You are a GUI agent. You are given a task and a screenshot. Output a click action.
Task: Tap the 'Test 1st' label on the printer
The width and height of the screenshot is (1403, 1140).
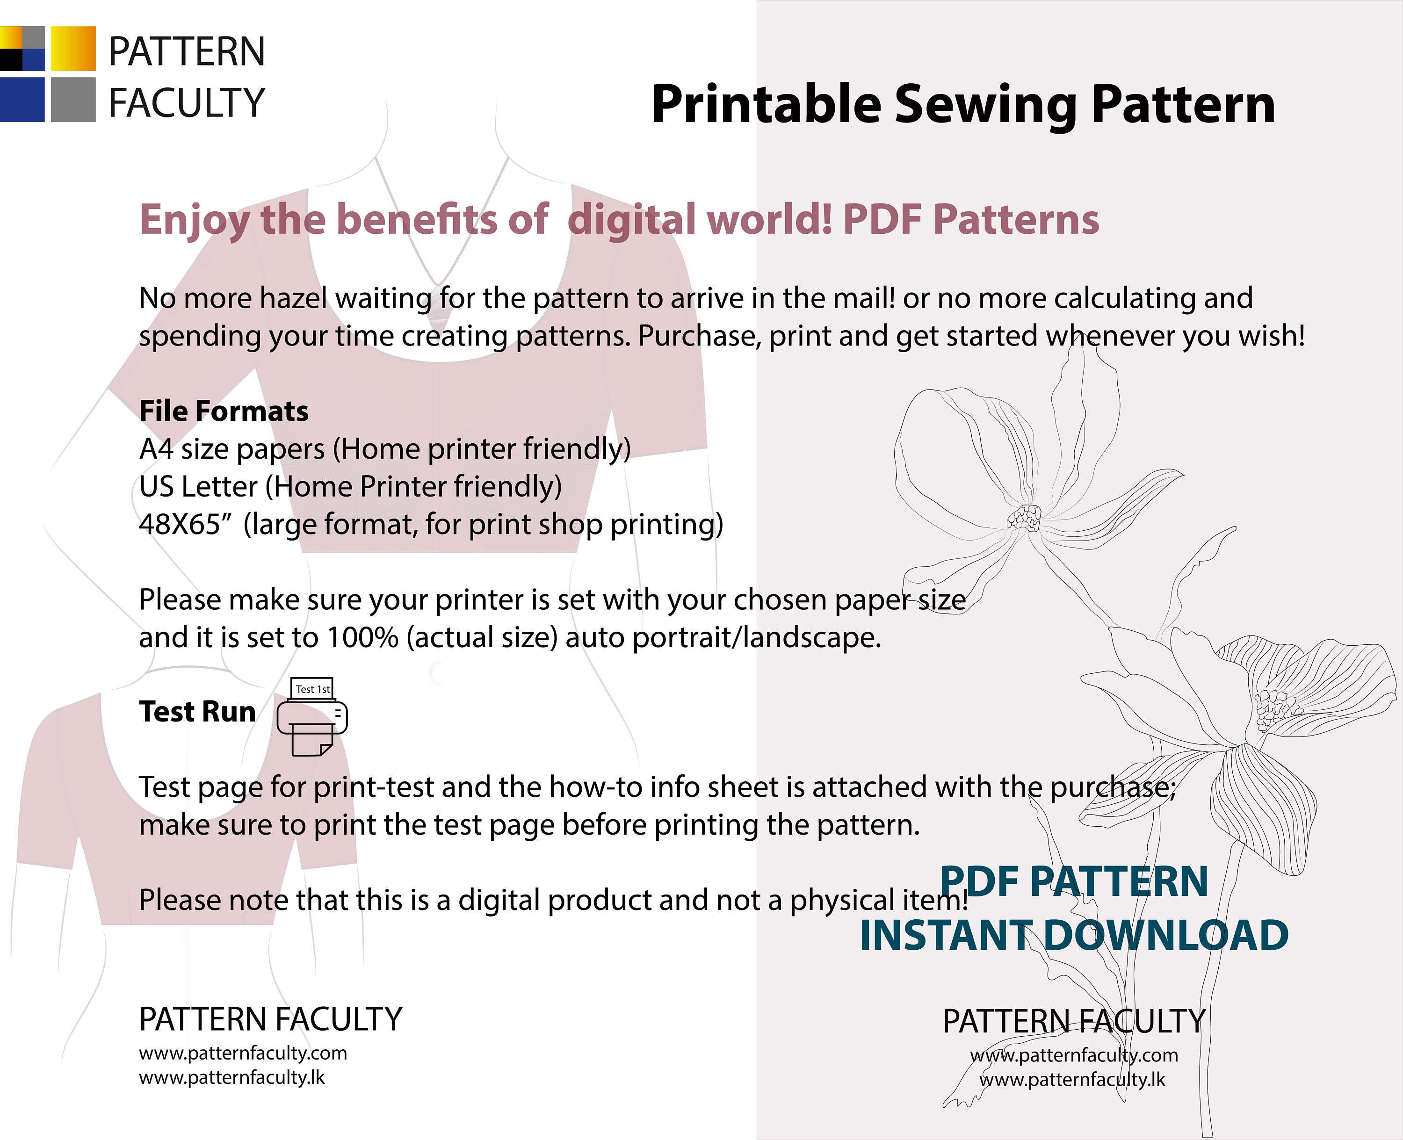point(313,689)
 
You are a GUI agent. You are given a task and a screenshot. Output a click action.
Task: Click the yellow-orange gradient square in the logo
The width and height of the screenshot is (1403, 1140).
point(73,49)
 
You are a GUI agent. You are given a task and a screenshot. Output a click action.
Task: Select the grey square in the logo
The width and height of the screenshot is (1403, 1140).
point(73,100)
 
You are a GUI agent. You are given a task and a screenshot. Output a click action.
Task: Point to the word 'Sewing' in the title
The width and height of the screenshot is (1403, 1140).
point(985,105)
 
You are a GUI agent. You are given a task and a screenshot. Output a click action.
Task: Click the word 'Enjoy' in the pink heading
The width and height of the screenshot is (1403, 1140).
point(195,220)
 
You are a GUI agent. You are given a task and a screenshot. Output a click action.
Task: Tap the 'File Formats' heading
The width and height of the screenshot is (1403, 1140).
point(224,411)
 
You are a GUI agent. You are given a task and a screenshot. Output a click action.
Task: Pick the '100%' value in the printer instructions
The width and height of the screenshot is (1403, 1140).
point(362,638)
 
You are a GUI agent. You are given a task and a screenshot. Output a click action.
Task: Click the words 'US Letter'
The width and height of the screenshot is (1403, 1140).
point(198,487)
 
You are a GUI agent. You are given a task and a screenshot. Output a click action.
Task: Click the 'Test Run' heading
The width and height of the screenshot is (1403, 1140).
point(197,712)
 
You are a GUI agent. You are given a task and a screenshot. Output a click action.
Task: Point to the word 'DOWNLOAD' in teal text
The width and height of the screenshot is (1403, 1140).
point(1166,935)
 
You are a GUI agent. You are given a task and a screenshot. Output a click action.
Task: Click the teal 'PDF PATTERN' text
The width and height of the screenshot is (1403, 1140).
point(1074,881)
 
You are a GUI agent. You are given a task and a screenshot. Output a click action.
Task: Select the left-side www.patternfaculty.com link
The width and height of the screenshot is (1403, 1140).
point(243,1053)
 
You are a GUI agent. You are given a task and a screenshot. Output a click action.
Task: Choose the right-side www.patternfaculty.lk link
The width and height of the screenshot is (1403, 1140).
point(1072,1080)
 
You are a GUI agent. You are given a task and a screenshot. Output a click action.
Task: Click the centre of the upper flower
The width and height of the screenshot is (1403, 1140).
point(1025,518)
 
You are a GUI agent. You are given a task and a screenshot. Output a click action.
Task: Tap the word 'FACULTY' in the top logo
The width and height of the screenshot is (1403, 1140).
point(187,103)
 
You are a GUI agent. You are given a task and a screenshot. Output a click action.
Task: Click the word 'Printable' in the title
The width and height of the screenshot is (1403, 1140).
point(766,105)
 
